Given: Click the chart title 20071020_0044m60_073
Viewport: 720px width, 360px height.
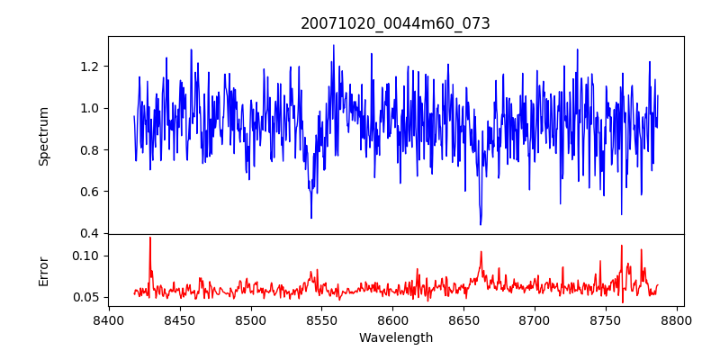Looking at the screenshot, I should click(395, 23).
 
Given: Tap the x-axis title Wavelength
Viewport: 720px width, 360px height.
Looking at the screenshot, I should click(395, 337).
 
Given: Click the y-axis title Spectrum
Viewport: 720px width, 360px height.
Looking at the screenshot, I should click(44, 135).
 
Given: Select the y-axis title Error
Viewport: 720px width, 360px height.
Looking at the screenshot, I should click(44, 270).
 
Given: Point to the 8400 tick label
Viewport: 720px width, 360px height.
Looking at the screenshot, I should click(109, 319).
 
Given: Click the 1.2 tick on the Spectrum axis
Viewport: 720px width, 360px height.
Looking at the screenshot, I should click(90, 67).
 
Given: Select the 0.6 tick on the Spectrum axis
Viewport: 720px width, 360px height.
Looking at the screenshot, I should click(90, 192).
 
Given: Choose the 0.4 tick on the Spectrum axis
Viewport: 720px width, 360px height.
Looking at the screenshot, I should click(90, 233).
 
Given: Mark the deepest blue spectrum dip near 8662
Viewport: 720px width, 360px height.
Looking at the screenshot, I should click(481, 224).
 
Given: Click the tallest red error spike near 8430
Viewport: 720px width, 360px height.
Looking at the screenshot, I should click(150, 238).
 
